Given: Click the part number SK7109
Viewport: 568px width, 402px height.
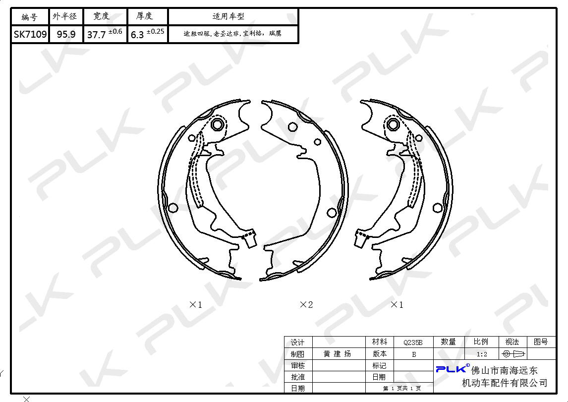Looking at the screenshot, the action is (30, 34).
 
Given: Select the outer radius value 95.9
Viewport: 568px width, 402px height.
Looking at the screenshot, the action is (66, 34).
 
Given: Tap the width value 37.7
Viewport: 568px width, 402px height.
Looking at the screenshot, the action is (96, 35).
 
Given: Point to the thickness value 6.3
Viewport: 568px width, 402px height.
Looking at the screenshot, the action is (137, 35).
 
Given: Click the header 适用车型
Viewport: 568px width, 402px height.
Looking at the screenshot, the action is (228, 16).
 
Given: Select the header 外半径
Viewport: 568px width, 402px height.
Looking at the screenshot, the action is (65, 16).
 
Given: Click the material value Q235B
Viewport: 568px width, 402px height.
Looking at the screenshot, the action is (413, 342).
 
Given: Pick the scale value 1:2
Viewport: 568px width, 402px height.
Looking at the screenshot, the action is (482, 354).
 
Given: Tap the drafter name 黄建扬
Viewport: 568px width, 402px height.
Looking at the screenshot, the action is (337, 354).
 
